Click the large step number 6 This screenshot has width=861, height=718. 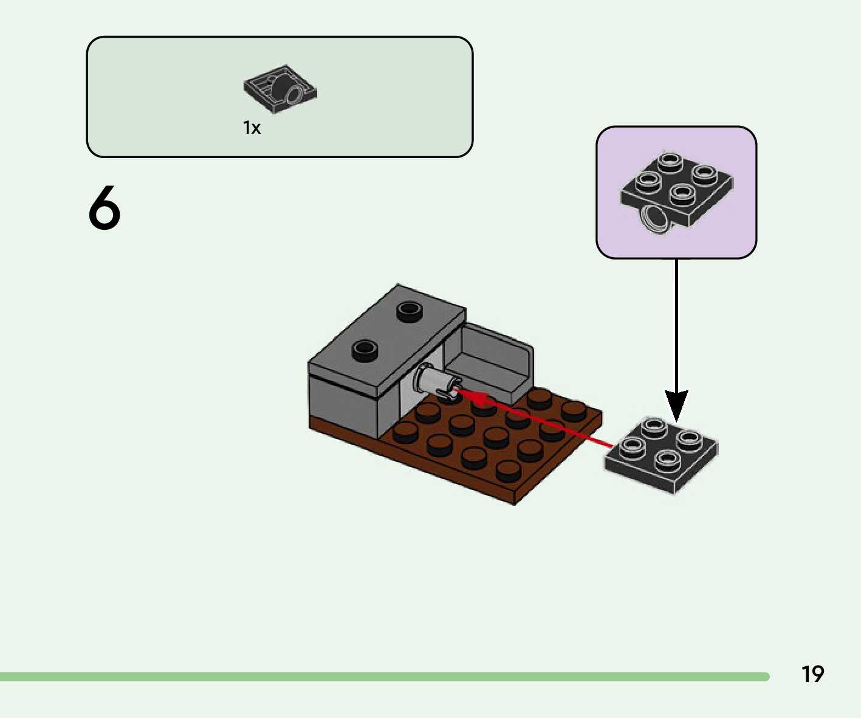[105, 208]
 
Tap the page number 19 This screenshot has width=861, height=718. [812, 674]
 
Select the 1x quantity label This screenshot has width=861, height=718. [252, 128]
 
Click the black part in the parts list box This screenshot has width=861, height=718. [281, 89]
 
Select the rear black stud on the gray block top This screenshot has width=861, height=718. [410, 311]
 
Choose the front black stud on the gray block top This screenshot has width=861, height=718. [365, 350]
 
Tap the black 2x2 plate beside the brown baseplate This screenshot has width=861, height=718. [661, 454]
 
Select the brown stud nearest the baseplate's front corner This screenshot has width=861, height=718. [508, 470]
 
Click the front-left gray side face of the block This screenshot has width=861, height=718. [343, 404]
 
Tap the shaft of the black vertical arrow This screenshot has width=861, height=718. [676, 322]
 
